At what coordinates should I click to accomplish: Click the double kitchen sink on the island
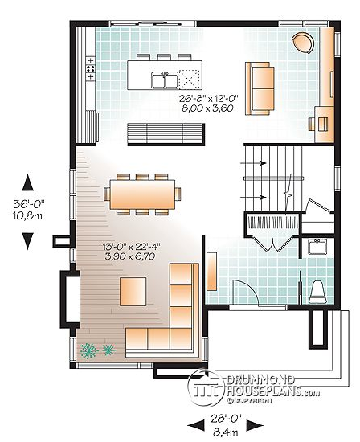(x=165, y=80)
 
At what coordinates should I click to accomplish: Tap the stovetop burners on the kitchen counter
(x=91, y=68)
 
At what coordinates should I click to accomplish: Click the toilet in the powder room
(x=318, y=292)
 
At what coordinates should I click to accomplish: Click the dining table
(x=142, y=194)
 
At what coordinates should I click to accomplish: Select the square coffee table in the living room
(x=133, y=292)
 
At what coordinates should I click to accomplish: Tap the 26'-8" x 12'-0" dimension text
(x=209, y=98)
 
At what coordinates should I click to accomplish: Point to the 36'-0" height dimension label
(x=28, y=204)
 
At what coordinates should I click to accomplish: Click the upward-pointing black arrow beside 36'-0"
(x=27, y=182)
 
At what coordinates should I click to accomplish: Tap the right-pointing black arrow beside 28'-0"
(x=255, y=425)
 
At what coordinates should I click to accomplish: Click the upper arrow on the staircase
(x=253, y=163)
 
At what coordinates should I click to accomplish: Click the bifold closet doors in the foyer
(x=272, y=244)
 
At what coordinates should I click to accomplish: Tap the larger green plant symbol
(x=89, y=350)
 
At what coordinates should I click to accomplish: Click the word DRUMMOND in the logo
(x=261, y=380)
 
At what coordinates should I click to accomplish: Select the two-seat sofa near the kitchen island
(x=260, y=88)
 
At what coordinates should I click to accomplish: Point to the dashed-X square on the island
(x=190, y=80)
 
